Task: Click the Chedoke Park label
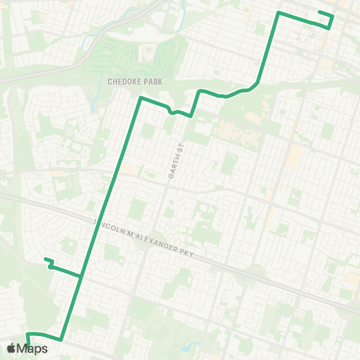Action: pyautogui.click(x=129, y=81)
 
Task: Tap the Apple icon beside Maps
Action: pyautogui.click(x=11, y=348)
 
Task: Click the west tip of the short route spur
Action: pyautogui.click(x=45, y=259)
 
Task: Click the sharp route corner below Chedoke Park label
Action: pyautogui.click(x=140, y=97)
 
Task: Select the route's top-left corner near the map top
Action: pyautogui.click(x=279, y=13)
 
